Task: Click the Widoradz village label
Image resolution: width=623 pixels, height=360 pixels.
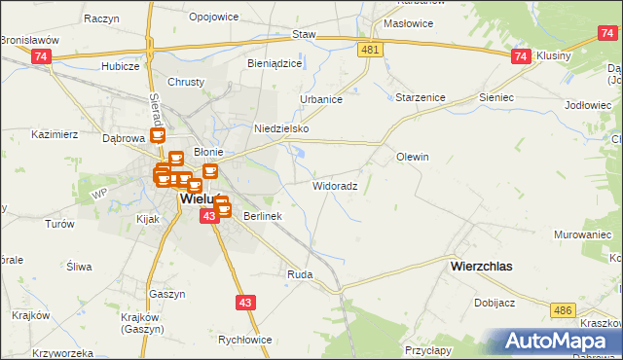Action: point(336,185)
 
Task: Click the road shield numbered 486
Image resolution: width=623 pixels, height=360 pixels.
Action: point(562,309)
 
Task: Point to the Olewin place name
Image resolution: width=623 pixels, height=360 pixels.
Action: point(413,157)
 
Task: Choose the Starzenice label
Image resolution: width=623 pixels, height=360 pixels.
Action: point(420,98)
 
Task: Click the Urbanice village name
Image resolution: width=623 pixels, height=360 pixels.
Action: point(320,99)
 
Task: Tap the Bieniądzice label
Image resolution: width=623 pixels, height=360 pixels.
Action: point(275,63)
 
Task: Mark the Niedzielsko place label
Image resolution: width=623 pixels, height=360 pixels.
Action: point(280,128)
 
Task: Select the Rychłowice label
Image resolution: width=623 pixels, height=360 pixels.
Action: point(245,340)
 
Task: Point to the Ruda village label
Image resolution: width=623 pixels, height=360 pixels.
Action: point(299,275)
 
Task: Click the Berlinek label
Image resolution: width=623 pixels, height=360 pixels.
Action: point(262,216)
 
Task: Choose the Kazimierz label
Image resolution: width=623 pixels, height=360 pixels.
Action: point(55,134)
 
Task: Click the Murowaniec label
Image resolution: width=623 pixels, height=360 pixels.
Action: point(583,235)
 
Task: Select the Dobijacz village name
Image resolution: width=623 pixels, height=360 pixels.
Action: point(495,303)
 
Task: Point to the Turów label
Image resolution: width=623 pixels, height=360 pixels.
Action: point(60,224)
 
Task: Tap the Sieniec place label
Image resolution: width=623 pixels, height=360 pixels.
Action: point(495,98)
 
